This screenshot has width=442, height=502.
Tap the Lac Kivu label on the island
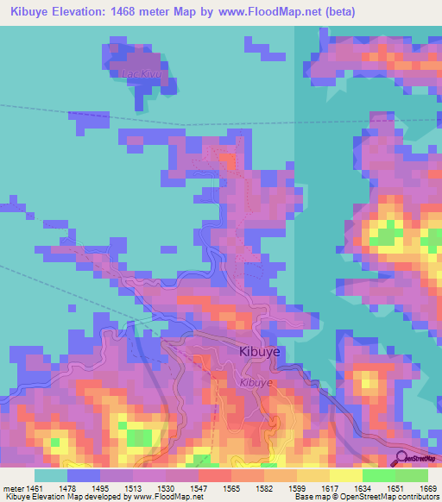[142, 74]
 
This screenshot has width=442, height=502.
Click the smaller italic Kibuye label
[256, 382]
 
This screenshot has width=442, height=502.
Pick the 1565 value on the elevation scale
[230, 487]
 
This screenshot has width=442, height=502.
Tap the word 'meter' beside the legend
[14, 487]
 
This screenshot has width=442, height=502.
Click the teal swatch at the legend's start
[51, 475]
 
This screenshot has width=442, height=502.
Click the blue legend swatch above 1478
[84, 475]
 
